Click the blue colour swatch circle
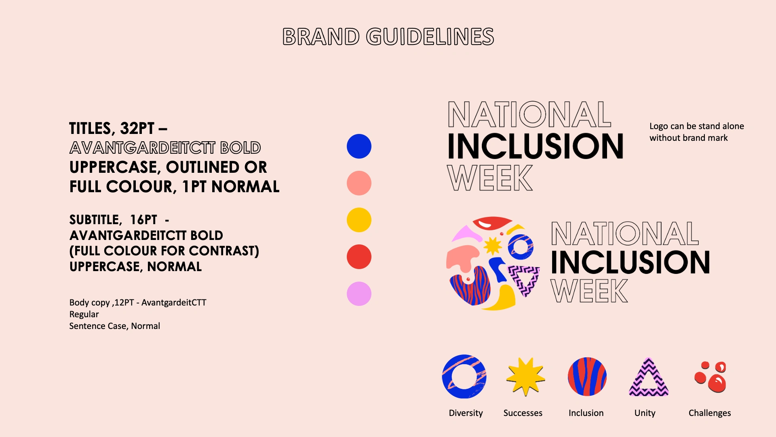coord(359,146)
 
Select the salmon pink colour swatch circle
coord(359,183)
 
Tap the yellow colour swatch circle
coord(359,220)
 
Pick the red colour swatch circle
coord(359,257)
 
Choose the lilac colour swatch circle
coord(359,293)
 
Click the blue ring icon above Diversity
coord(447,377)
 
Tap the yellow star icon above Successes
coord(525,376)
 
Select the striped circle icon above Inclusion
coord(587,376)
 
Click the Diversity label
coord(466,413)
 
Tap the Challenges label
coord(710,413)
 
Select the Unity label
coord(645,413)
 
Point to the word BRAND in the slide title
coord(321,36)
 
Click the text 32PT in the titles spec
coord(137,128)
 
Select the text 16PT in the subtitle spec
coord(143,220)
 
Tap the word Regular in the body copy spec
coord(84,314)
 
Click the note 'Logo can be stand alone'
coord(697,126)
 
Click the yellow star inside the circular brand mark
coord(492,245)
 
